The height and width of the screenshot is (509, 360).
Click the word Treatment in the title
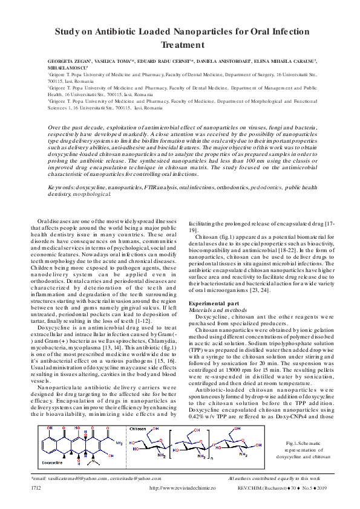tap(180, 45)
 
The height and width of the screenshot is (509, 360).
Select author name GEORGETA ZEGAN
tap(69, 62)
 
